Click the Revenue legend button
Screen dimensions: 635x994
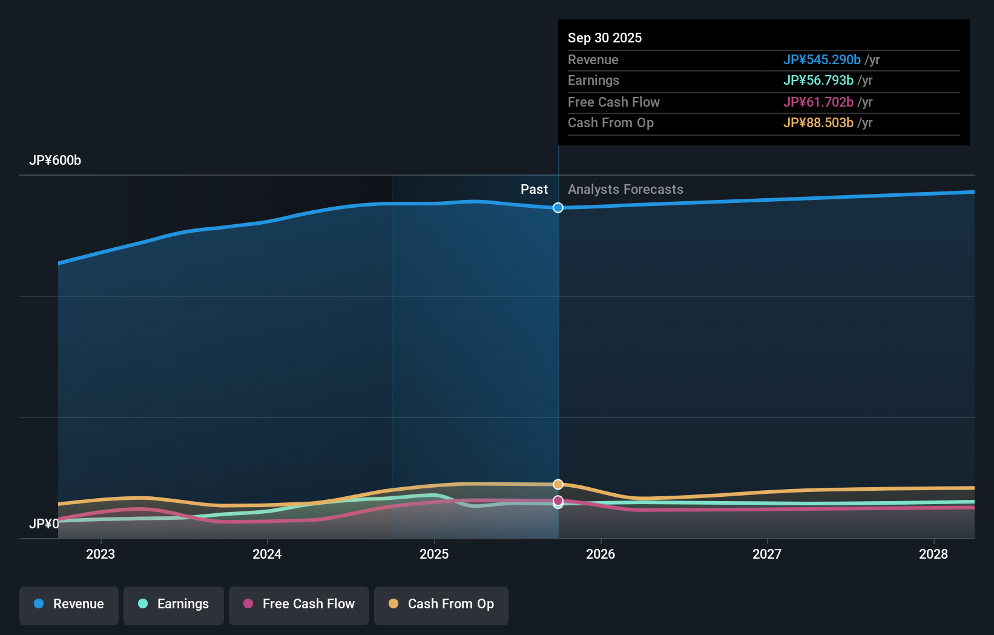click(x=69, y=605)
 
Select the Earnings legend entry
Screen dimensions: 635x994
click(x=174, y=605)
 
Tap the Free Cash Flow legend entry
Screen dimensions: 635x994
click(x=299, y=605)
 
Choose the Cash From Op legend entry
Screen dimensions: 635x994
click(x=441, y=605)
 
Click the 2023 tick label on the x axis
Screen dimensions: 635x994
click(x=100, y=554)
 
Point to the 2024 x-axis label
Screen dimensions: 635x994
click(x=267, y=554)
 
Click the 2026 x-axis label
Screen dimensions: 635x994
click(x=601, y=554)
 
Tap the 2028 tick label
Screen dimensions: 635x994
click(x=933, y=554)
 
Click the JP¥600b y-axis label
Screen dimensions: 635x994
click(x=55, y=161)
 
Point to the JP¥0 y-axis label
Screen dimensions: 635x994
click(x=44, y=524)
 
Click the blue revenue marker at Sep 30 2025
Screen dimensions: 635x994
click(x=558, y=208)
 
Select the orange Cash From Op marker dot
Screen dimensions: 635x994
click(x=558, y=485)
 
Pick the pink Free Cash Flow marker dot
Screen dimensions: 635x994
click(x=558, y=500)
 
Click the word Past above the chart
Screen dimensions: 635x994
click(x=534, y=190)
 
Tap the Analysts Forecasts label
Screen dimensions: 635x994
click(x=625, y=190)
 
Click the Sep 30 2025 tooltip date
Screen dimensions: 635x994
click(x=605, y=38)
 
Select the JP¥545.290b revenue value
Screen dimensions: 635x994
click(x=821, y=60)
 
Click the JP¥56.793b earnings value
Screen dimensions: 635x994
click(x=818, y=81)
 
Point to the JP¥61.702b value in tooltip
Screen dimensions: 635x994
click(x=818, y=102)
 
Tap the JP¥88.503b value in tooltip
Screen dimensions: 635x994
click(x=818, y=123)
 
